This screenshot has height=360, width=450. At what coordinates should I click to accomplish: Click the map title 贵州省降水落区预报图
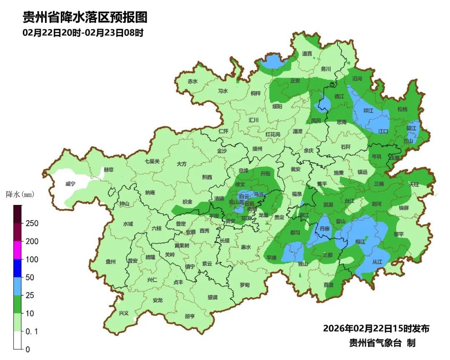[85, 17]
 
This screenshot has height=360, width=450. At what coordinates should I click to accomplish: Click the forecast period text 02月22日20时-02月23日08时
[83, 33]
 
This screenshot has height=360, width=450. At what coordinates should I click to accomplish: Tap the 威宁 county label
[70, 184]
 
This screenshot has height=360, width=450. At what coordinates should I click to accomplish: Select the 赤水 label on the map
[192, 81]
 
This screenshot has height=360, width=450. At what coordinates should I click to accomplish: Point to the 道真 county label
[307, 53]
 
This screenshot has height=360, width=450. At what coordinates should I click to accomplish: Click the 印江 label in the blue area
[368, 111]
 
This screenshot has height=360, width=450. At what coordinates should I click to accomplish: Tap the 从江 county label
[377, 262]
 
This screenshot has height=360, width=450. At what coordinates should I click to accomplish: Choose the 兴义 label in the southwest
[124, 313]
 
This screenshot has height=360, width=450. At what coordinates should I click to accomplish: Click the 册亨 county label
[190, 316]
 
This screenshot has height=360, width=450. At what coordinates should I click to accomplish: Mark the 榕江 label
[360, 241]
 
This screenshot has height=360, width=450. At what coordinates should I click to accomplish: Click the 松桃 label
[402, 109]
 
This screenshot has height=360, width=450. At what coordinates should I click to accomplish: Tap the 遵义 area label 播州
[257, 148]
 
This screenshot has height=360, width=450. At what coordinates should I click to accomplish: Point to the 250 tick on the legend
[32, 223]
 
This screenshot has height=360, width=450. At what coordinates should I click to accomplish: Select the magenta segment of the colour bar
[17, 250]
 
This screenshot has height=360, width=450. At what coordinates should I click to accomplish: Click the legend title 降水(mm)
[20, 194]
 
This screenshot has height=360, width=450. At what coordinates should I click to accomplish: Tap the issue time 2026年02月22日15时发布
[376, 328]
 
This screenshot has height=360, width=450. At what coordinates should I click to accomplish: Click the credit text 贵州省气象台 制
[382, 343]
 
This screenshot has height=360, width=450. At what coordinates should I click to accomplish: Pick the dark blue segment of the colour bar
[17, 268]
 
